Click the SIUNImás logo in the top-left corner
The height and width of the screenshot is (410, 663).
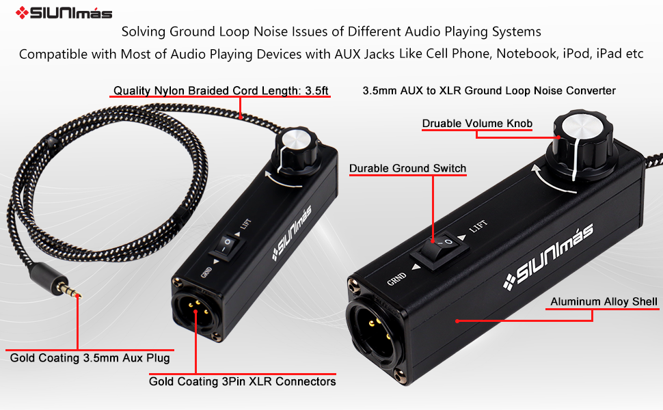(64, 12)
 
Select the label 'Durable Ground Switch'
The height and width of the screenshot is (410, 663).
(407, 168)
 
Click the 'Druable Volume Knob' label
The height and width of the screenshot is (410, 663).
(477, 124)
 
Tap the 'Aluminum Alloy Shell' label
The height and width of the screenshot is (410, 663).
(604, 301)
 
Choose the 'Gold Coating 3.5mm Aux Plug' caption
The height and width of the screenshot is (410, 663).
(90, 357)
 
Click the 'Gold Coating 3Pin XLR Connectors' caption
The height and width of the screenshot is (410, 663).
(243, 381)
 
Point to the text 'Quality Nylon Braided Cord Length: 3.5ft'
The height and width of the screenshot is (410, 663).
(221, 90)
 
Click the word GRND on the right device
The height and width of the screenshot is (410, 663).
(397, 278)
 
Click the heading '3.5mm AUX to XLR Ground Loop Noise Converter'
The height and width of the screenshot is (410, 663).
(489, 90)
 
